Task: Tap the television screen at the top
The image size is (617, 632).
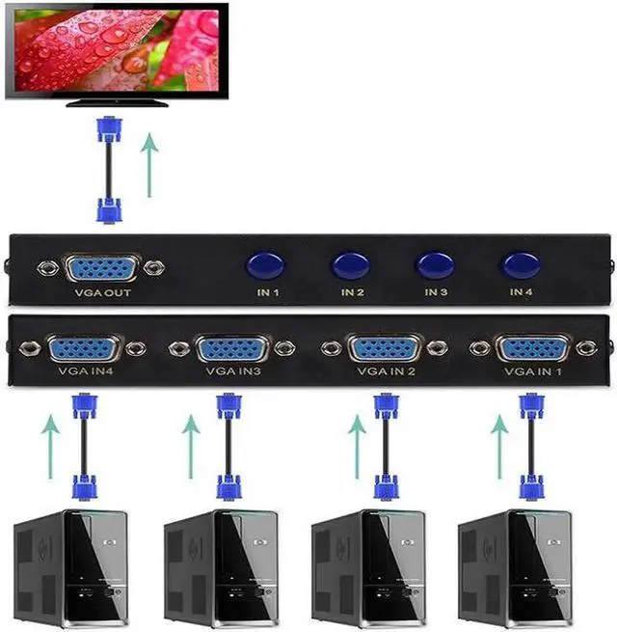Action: pyautogui.click(x=115, y=47)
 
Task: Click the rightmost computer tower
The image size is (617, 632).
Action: pyautogui.click(x=515, y=569)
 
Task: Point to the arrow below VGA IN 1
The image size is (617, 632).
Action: pyautogui.click(x=498, y=443)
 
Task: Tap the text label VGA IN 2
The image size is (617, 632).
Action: pyautogui.click(x=386, y=370)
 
